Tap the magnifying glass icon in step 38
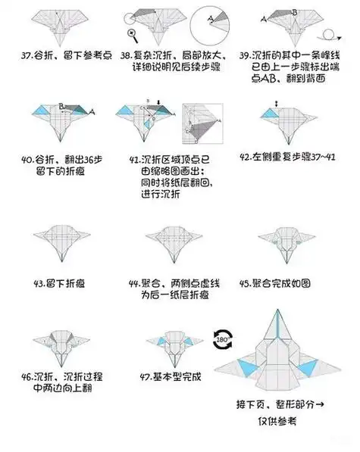pos(133,32)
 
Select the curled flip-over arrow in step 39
pos(328,33)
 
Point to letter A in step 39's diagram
pos(264,17)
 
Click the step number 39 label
pos(245,55)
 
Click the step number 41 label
pos(137,160)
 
